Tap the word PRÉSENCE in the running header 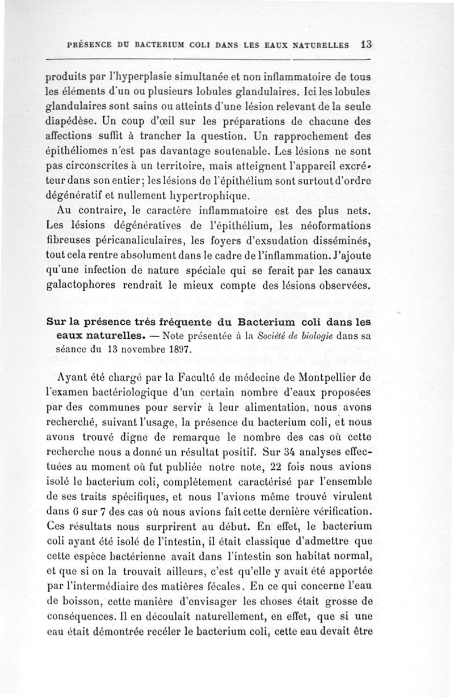pyautogui.click(x=90, y=44)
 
